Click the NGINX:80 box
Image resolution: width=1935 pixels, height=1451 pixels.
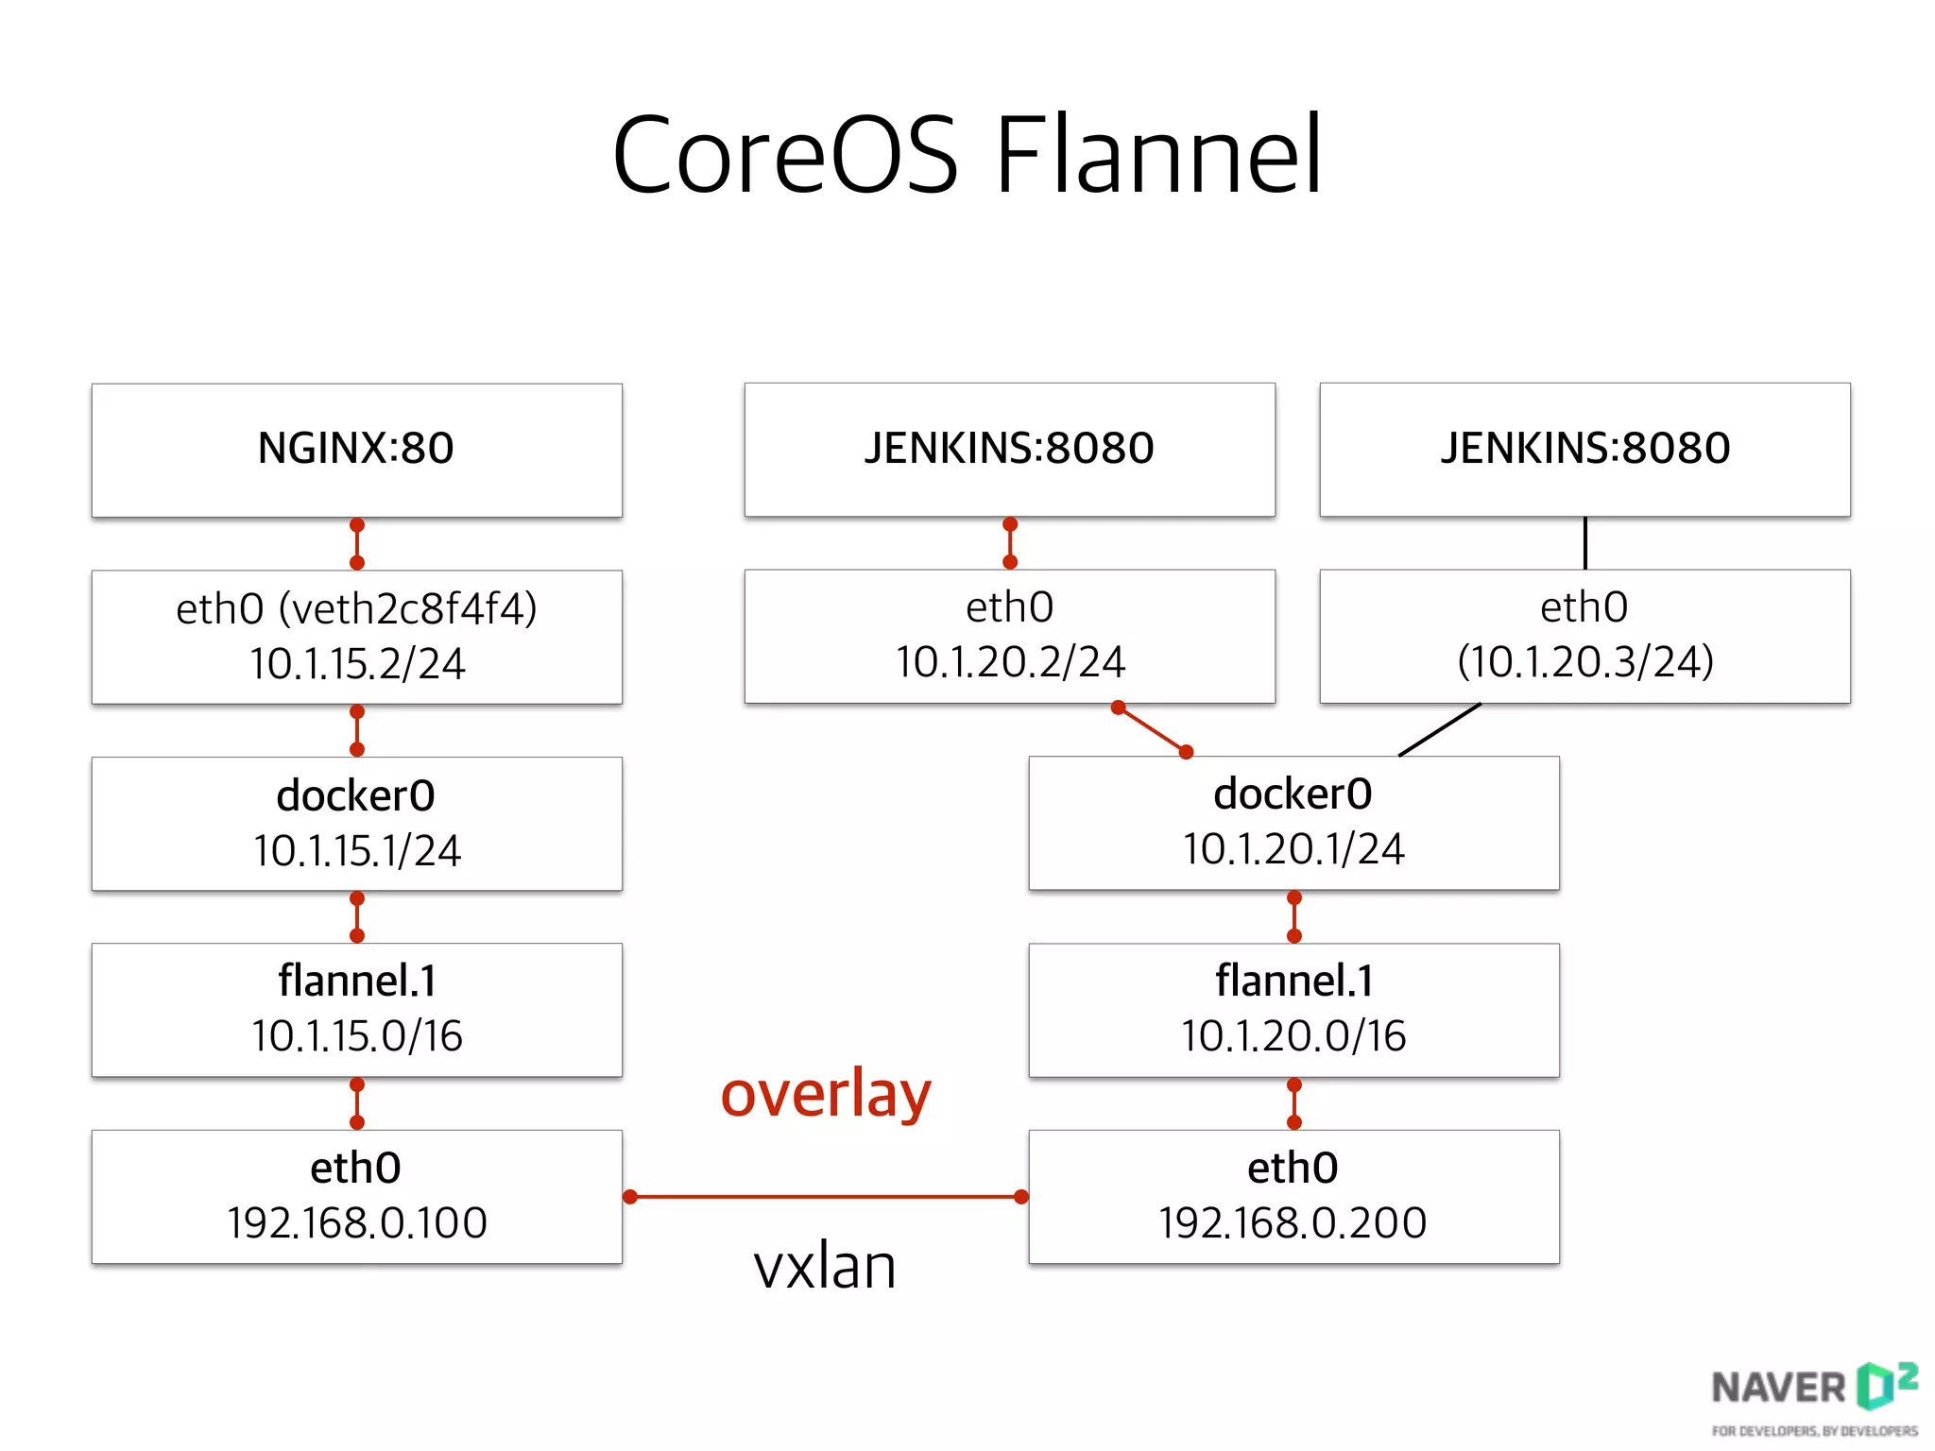click(356, 450)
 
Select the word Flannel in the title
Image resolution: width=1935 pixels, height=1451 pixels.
click(1158, 155)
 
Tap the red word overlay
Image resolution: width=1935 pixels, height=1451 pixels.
click(826, 1094)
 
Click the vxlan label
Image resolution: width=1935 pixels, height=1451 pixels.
click(825, 1266)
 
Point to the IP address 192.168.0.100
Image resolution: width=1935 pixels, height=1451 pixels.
click(357, 1223)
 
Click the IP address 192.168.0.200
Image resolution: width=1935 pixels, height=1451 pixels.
click(1293, 1223)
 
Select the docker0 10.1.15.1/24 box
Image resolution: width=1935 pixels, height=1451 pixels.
click(356, 823)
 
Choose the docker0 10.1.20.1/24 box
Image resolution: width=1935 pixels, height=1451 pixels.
click(1293, 822)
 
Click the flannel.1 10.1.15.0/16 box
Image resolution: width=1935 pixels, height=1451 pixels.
click(356, 1009)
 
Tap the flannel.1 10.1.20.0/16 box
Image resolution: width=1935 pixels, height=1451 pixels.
click(1293, 1009)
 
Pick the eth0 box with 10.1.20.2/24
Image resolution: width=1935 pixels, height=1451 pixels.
click(1009, 636)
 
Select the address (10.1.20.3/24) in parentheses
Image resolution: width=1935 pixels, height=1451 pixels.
click(1584, 661)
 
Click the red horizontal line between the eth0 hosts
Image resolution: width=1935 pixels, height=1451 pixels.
click(825, 1197)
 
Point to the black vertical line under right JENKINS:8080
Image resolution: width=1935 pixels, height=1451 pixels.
click(1584, 542)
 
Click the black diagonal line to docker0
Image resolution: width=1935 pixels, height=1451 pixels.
click(1439, 729)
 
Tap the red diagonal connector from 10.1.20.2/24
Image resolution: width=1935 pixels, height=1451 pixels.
click(1152, 729)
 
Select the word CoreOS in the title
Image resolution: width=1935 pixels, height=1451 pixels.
click(785, 155)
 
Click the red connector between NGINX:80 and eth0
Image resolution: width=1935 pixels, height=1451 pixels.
click(357, 543)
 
